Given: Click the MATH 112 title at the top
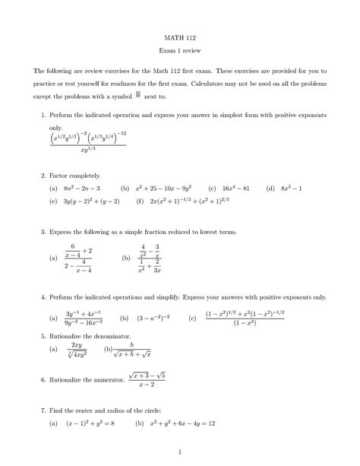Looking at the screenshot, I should (180, 36).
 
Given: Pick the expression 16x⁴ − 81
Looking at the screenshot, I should (234, 188).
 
